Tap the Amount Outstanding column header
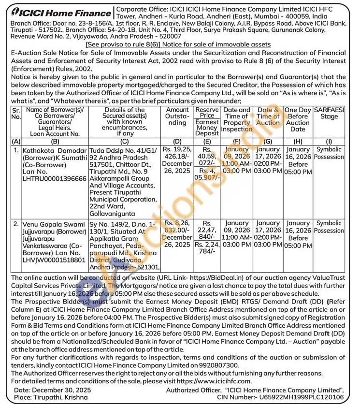(x=176, y=116)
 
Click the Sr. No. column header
(x=15, y=114)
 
